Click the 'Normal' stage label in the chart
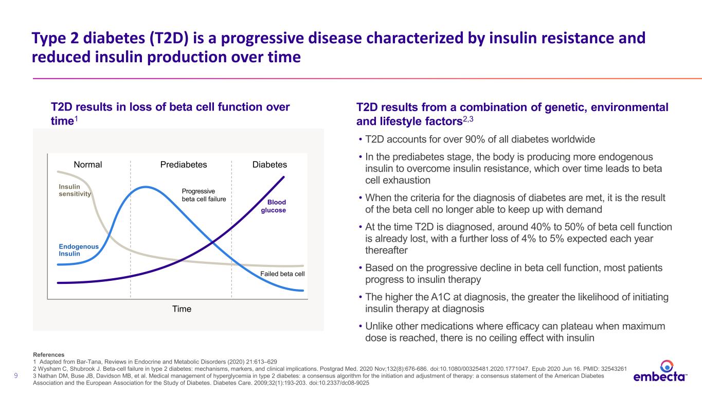(x=88, y=165)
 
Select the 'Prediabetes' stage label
(x=184, y=165)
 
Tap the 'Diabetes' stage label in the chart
(x=269, y=165)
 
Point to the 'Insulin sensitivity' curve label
(x=75, y=190)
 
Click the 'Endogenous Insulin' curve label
(x=79, y=250)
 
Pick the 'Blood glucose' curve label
(x=273, y=206)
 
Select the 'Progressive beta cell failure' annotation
(x=204, y=195)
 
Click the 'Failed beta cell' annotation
(x=282, y=274)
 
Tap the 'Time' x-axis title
(x=182, y=309)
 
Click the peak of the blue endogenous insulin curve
(x=146, y=187)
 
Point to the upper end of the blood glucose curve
(x=283, y=177)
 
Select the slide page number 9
(x=16, y=375)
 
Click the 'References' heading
(x=48, y=355)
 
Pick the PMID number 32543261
(x=614, y=369)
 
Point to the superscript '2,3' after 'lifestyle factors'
(x=468, y=119)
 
